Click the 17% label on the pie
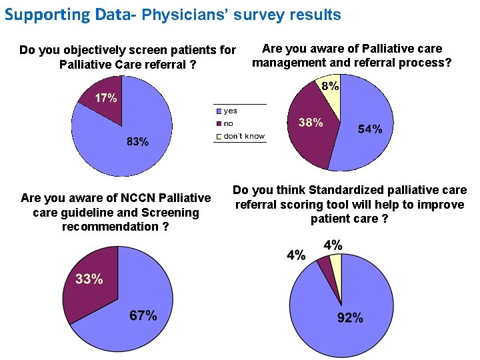(x=105, y=99)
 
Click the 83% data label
(x=137, y=142)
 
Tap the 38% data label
(x=311, y=123)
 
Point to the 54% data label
(x=370, y=129)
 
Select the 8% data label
(x=330, y=86)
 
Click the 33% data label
(x=89, y=279)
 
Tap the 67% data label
(x=143, y=315)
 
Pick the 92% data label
(x=349, y=318)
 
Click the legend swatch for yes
(x=219, y=111)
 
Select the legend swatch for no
(x=219, y=123)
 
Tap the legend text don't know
(x=244, y=136)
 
